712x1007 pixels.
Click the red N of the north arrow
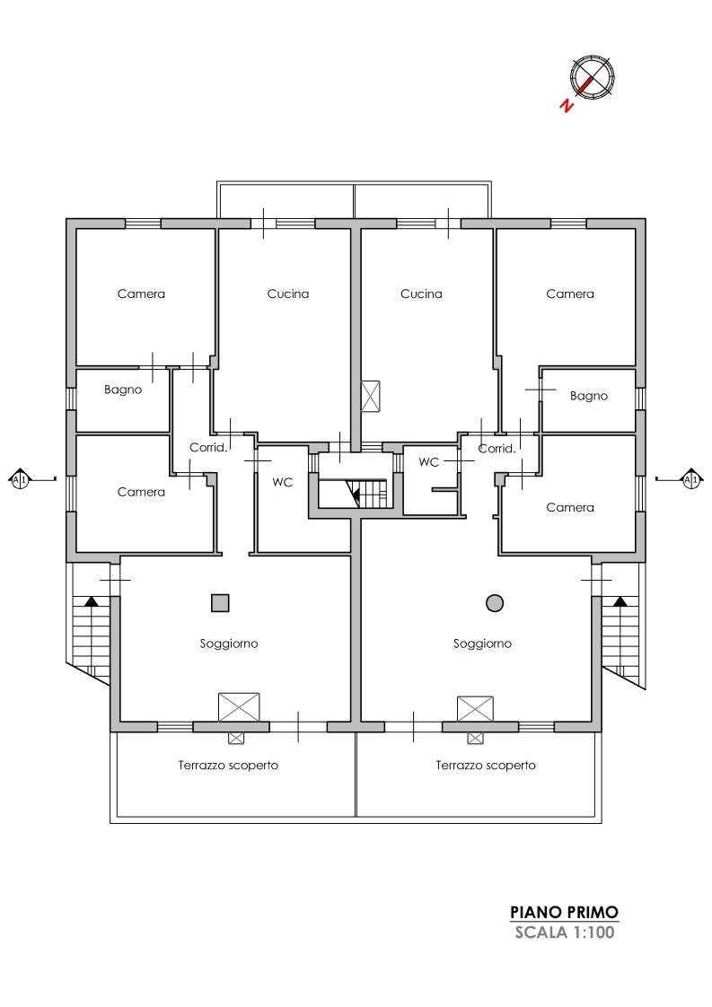[x=566, y=105]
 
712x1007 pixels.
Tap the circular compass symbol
[x=592, y=77]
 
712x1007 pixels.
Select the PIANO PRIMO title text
[x=564, y=912]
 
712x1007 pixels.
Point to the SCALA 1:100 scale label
[x=564, y=933]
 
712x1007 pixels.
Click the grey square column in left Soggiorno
[x=220, y=603]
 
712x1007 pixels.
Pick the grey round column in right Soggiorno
[x=495, y=603]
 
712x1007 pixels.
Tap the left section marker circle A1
[x=20, y=480]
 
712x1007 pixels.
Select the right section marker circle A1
[x=690, y=480]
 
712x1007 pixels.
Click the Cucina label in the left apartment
[x=288, y=294]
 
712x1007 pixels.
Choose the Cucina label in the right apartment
[x=421, y=294]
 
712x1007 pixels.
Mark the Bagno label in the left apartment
[x=123, y=390]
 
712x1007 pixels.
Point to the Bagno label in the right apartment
[x=589, y=397]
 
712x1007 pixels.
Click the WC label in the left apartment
[x=282, y=482]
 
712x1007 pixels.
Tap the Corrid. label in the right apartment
[x=497, y=449]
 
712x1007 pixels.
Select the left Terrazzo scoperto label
[x=228, y=766]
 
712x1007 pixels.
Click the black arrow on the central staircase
[x=353, y=493]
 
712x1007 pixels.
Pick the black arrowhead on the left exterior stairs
[x=92, y=601]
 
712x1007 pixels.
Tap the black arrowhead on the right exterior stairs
[x=620, y=601]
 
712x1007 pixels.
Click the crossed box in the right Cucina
[x=371, y=397]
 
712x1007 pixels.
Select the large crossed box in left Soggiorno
[x=239, y=707]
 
